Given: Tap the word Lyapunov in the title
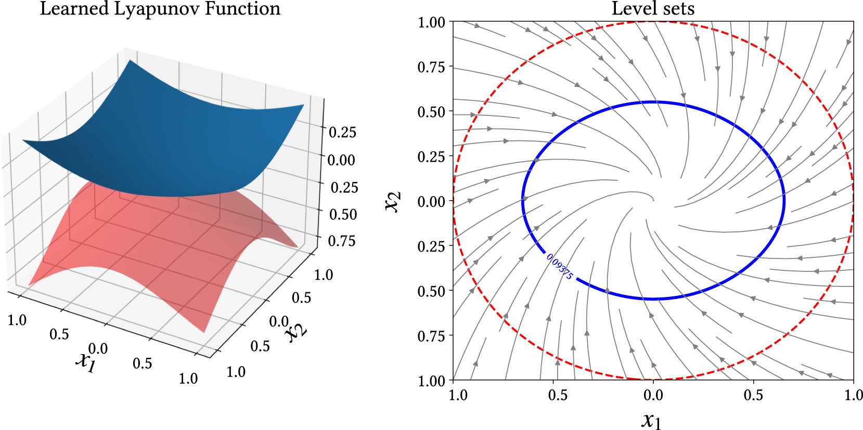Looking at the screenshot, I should click(x=151, y=9).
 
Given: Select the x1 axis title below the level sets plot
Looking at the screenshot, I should click(x=651, y=419).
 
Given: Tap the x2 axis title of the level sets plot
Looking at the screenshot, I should click(x=393, y=201).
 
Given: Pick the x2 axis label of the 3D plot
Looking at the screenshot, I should click(x=297, y=330).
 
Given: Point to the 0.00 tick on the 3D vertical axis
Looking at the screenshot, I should click(x=341, y=160).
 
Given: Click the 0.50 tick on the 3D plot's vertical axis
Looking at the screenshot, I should click(x=343, y=214).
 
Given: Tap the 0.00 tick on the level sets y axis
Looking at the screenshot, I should click(x=432, y=201).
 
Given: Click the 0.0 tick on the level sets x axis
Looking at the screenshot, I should click(x=653, y=395).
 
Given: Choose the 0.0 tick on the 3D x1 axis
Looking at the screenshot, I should click(x=98, y=347).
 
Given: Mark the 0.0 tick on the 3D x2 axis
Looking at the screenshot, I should click(x=278, y=321).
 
